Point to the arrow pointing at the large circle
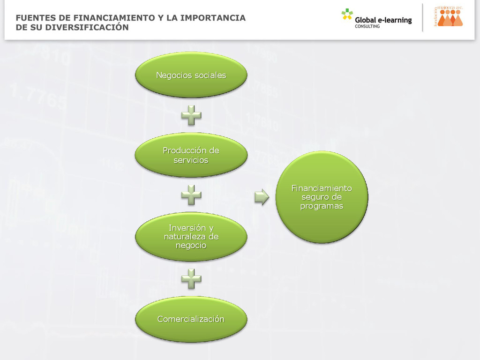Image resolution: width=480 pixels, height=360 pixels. pyautogui.click(x=262, y=197)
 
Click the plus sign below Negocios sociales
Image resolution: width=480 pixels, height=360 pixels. pyautogui.click(x=191, y=115)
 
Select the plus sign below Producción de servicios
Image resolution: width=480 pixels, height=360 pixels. pyautogui.click(x=191, y=195)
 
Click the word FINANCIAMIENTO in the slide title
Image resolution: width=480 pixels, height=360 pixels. pyautogui.click(x=115, y=18)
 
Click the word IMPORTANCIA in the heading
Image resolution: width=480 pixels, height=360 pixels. pyautogui.click(x=213, y=18)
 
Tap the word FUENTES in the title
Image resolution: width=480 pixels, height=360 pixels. pyautogui.click(x=35, y=18)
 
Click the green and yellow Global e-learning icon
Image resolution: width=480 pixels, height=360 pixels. pyautogui.click(x=347, y=14)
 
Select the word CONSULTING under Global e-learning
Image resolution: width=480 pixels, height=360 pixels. pyautogui.click(x=367, y=27)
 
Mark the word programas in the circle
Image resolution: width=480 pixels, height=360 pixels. pyautogui.click(x=322, y=206)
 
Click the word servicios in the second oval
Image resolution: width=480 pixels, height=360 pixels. pyautogui.click(x=191, y=160)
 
